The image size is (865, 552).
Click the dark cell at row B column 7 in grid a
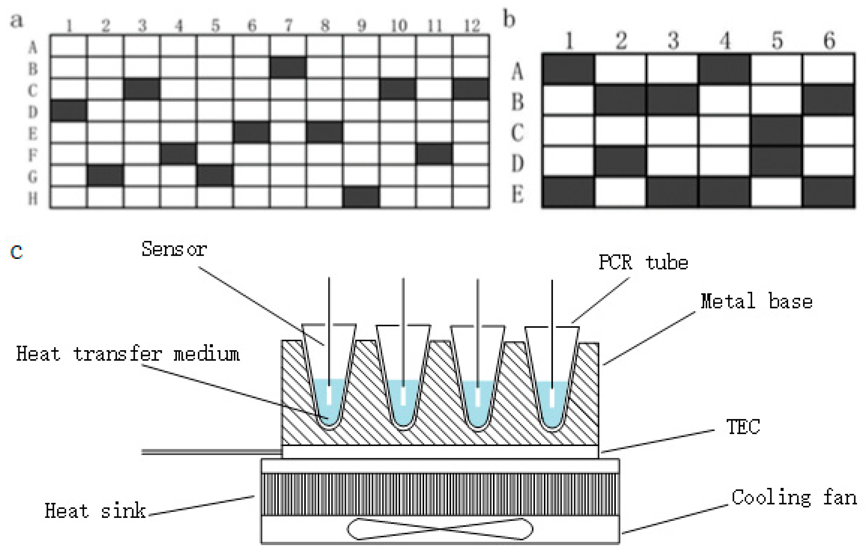point(288,67)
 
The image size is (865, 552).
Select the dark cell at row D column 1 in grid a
point(69,111)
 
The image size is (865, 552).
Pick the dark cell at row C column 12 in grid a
point(471,89)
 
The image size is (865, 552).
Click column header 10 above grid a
point(398,26)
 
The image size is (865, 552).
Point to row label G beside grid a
point(33,177)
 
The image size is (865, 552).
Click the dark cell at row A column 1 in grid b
point(568,69)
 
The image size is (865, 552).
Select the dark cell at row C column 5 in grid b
point(776,131)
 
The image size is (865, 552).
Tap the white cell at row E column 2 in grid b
point(620,193)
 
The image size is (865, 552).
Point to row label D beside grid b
point(518,164)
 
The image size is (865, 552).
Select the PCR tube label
point(643,262)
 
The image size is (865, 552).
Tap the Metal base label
point(756,301)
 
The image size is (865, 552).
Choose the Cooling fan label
point(794,498)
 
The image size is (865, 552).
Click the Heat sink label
point(95,511)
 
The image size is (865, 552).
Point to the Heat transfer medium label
point(128,354)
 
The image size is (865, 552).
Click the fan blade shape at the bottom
point(440,529)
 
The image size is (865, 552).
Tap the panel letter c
point(16,252)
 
